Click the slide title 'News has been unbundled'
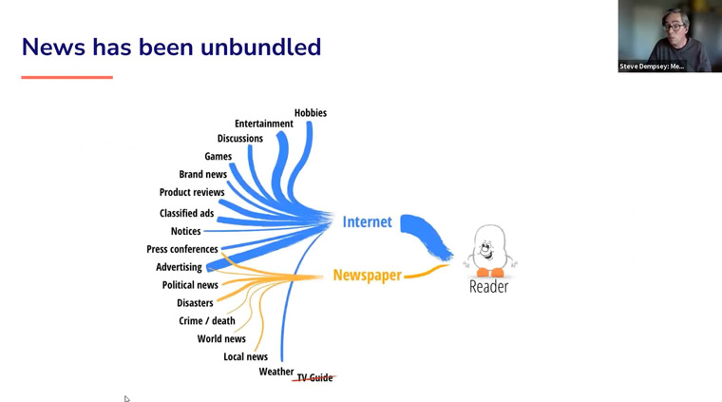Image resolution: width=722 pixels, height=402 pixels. pyautogui.click(x=171, y=47)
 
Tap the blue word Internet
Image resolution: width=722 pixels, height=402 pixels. pyautogui.click(x=367, y=222)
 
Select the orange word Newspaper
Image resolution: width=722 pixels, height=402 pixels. pyautogui.click(x=367, y=276)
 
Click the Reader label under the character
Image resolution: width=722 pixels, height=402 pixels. pyautogui.click(x=488, y=286)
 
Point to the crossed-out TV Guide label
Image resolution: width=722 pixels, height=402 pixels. pyautogui.click(x=314, y=377)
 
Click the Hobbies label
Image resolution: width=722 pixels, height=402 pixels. pyautogui.click(x=311, y=113)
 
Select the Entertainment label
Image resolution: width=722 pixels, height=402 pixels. pyautogui.click(x=264, y=124)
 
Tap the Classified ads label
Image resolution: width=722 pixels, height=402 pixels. pyautogui.click(x=186, y=213)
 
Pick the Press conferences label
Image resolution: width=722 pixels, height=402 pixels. pyautogui.click(x=181, y=249)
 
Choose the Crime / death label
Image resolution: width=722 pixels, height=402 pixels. pyautogui.click(x=207, y=321)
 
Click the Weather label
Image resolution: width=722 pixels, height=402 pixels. pyautogui.click(x=275, y=372)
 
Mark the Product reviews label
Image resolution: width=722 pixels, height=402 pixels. pyautogui.click(x=192, y=193)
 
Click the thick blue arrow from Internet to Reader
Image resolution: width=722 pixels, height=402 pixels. pyautogui.click(x=426, y=236)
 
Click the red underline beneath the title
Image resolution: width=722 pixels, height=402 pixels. pyautogui.click(x=66, y=77)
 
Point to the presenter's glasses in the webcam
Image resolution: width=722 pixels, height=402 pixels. pyautogui.click(x=674, y=28)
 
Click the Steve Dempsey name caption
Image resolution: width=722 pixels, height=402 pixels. pyautogui.click(x=651, y=67)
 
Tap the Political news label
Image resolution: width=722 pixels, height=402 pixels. pyautogui.click(x=190, y=285)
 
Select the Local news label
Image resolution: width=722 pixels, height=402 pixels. pyautogui.click(x=245, y=357)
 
